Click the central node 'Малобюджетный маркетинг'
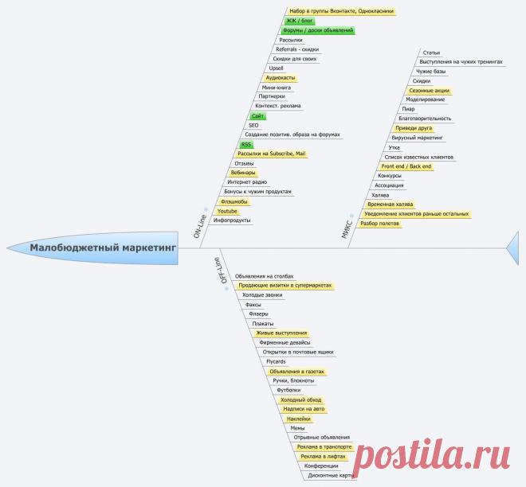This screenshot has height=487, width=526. [103, 247]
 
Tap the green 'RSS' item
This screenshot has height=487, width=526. [248, 144]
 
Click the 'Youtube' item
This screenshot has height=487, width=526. [227, 211]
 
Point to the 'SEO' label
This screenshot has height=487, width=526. [253, 125]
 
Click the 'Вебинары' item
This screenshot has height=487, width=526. [243, 173]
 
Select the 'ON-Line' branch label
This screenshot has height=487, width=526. [200, 225]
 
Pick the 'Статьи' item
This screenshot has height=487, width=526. [432, 53]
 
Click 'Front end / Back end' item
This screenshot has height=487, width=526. [406, 166]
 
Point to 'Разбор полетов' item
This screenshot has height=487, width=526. [380, 224]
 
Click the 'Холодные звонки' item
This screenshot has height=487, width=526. [263, 294]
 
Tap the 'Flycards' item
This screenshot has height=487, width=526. [276, 361]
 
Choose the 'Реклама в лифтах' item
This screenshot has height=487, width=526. [320, 456]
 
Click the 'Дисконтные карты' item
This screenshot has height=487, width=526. [331, 475]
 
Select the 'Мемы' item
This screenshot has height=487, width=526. [297, 427]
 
